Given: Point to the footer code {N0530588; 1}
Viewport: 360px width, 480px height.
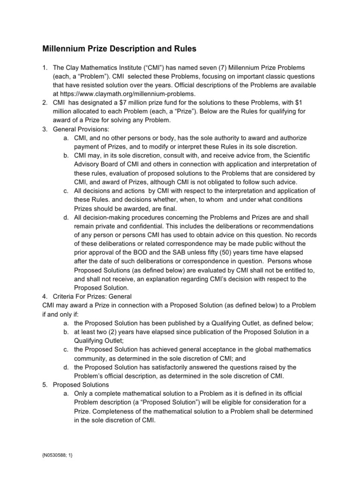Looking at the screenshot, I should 59,455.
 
